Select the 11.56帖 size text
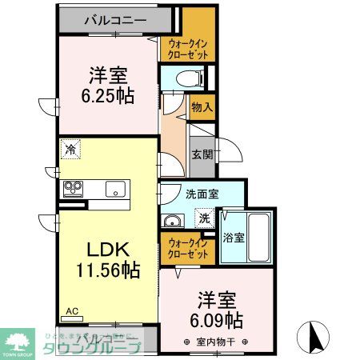point(109,270)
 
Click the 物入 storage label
point(202,106)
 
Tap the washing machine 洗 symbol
point(205,217)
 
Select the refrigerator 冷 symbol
point(71,150)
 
